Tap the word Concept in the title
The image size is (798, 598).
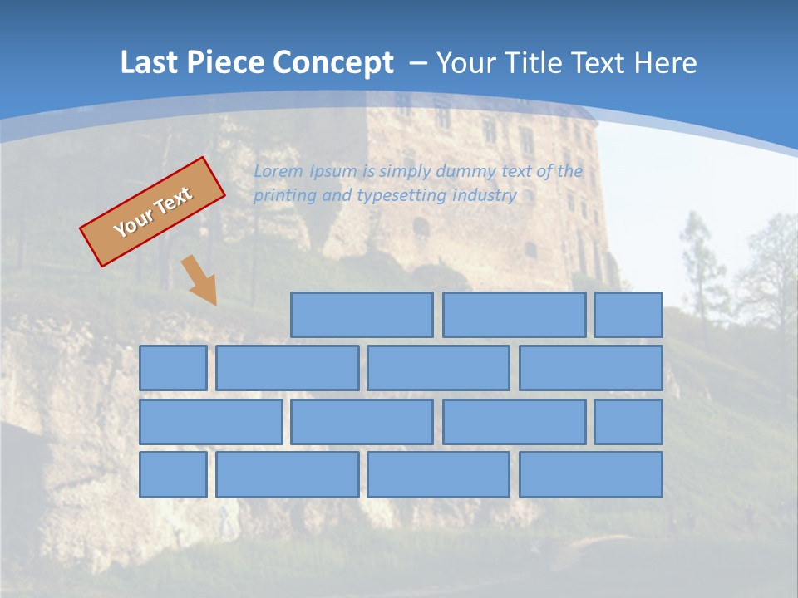pyautogui.click(x=332, y=63)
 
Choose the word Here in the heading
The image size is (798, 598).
pyautogui.click(x=665, y=63)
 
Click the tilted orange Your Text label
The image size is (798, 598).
pyautogui.click(x=152, y=212)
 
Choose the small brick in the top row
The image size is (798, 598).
pyautogui.click(x=628, y=315)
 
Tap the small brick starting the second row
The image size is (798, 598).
pyautogui.click(x=173, y=368)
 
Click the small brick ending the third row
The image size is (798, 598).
pyautogui.click(x=628, y=422)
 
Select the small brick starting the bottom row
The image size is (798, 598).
pyautogui.click(x=173, y=475)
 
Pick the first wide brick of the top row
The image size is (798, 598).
pyautogui.click(x=362, y=315)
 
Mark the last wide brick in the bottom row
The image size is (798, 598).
pyautogui.click(x=591, y=475)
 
